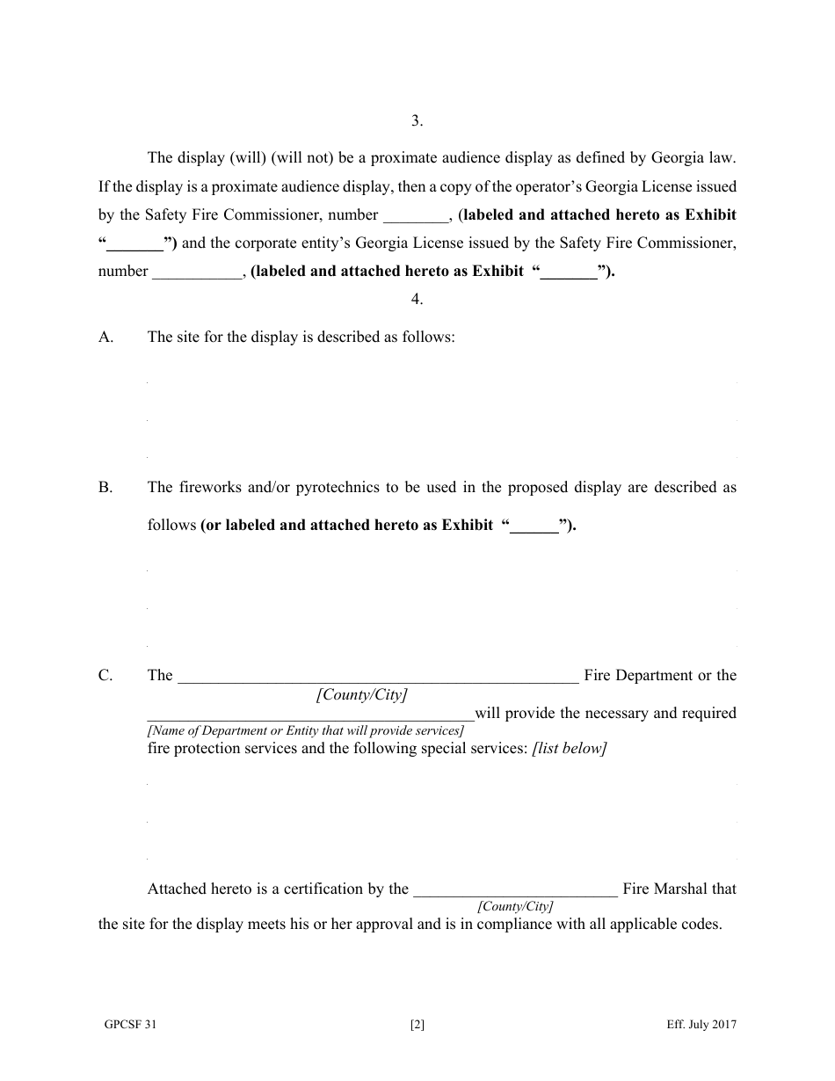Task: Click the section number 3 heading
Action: [x=417, y=121]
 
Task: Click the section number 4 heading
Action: [x=417, y=299]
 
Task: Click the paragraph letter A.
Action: [x=106, y=337]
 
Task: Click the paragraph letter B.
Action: [x=106, y=487]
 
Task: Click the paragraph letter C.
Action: [x=106, y=675]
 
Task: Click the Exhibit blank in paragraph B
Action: [x=535, y=526]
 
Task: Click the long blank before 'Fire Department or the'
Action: [x=378, y=677]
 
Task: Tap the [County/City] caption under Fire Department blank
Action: [x=361, y=694]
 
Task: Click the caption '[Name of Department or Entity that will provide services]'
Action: [x=305, y=730]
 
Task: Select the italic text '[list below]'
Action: [x=569, y=749]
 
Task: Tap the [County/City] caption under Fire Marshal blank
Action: [x=515, y=906]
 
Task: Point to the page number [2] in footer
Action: [x=417, y=1024]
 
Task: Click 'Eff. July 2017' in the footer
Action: [x=701, y=1024]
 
